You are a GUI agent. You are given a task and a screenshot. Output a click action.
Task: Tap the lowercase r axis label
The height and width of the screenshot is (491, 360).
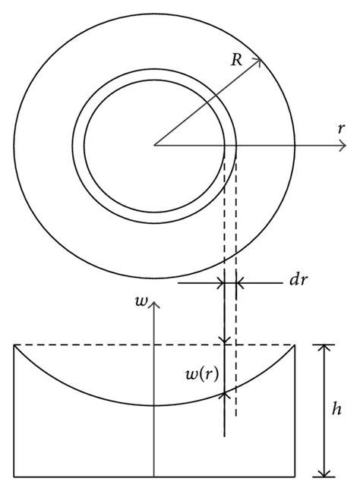343,128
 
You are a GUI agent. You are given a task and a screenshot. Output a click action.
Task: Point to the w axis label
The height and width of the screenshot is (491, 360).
140,301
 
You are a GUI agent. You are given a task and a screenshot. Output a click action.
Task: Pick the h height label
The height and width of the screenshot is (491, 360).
337,409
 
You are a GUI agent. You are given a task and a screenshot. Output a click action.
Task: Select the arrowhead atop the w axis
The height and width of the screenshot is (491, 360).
154,303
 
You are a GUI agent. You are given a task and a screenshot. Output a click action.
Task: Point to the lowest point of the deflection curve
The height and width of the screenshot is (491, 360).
154,405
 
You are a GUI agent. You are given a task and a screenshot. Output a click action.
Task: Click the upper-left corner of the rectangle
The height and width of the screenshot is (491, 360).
14,345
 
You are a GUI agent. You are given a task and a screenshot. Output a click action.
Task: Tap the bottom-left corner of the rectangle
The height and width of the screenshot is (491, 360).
14,477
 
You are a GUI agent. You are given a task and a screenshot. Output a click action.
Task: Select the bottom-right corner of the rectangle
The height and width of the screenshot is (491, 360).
295,477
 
